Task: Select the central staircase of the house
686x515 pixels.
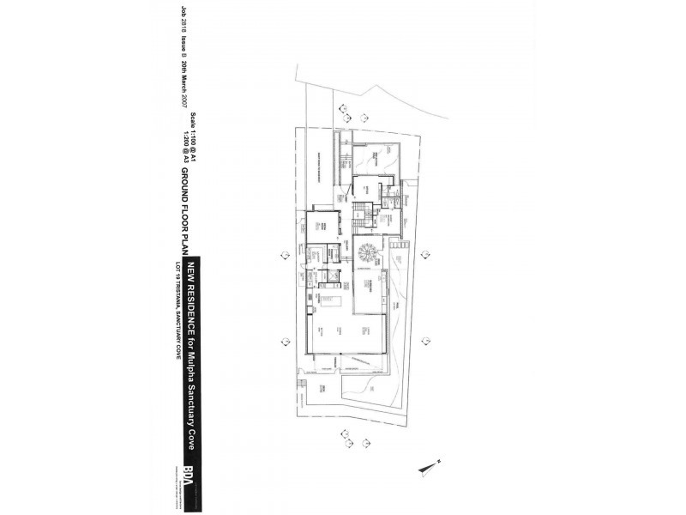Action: [362, 212]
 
